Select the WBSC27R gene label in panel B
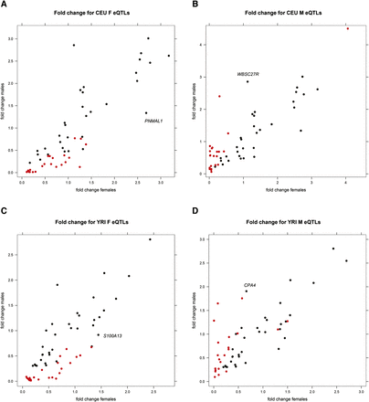coord(248,75)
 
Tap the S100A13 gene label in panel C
coord(114,336)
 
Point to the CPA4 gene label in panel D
coord(249,286)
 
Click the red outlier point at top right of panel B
coord(347,28)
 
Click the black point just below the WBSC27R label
coord(248,82)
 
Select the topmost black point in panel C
coord(150,239)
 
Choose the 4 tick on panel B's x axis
coord(347,184)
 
